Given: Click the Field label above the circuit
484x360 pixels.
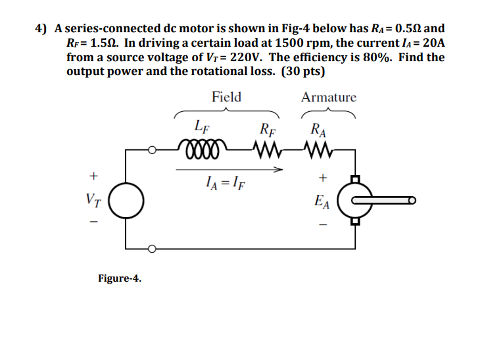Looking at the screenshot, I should (226, 97).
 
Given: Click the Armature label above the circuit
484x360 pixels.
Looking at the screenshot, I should (328, 97).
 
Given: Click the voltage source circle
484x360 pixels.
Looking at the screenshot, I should (126, 200).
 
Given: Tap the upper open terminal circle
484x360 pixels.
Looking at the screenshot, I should (152, 149).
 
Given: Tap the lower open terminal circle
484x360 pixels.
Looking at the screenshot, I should (152, 249).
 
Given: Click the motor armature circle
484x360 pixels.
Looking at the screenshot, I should (355, 200).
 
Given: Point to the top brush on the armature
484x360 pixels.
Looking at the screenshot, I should (355, 178).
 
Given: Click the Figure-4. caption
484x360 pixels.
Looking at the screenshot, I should (119, 278).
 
